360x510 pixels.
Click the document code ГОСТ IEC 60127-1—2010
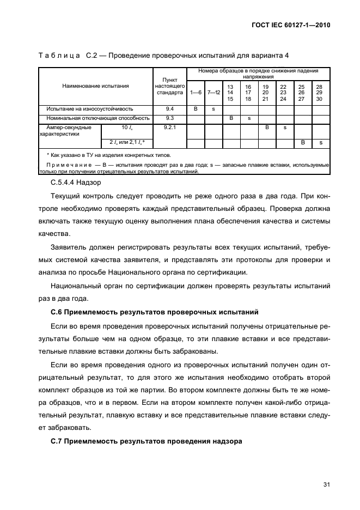pyautogui.click(x=292, y=25)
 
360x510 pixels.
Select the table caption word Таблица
pyautogui.click(x=58, y=56)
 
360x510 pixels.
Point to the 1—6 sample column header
pyautogui.click(x=196, y=93)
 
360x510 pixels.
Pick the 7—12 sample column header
pyautogui.click(x=213, y=93)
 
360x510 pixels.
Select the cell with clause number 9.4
pyautogui.click(x=169, y=109)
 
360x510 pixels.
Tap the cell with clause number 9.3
pyautogui.click(x=169, y=118)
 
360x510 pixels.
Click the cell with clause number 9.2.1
pyautogui.click(x=169, y=127)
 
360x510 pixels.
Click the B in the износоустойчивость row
pyautogui.click(x=196, y=109)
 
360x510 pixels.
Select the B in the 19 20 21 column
pyautogui.click(x=267, y=127)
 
